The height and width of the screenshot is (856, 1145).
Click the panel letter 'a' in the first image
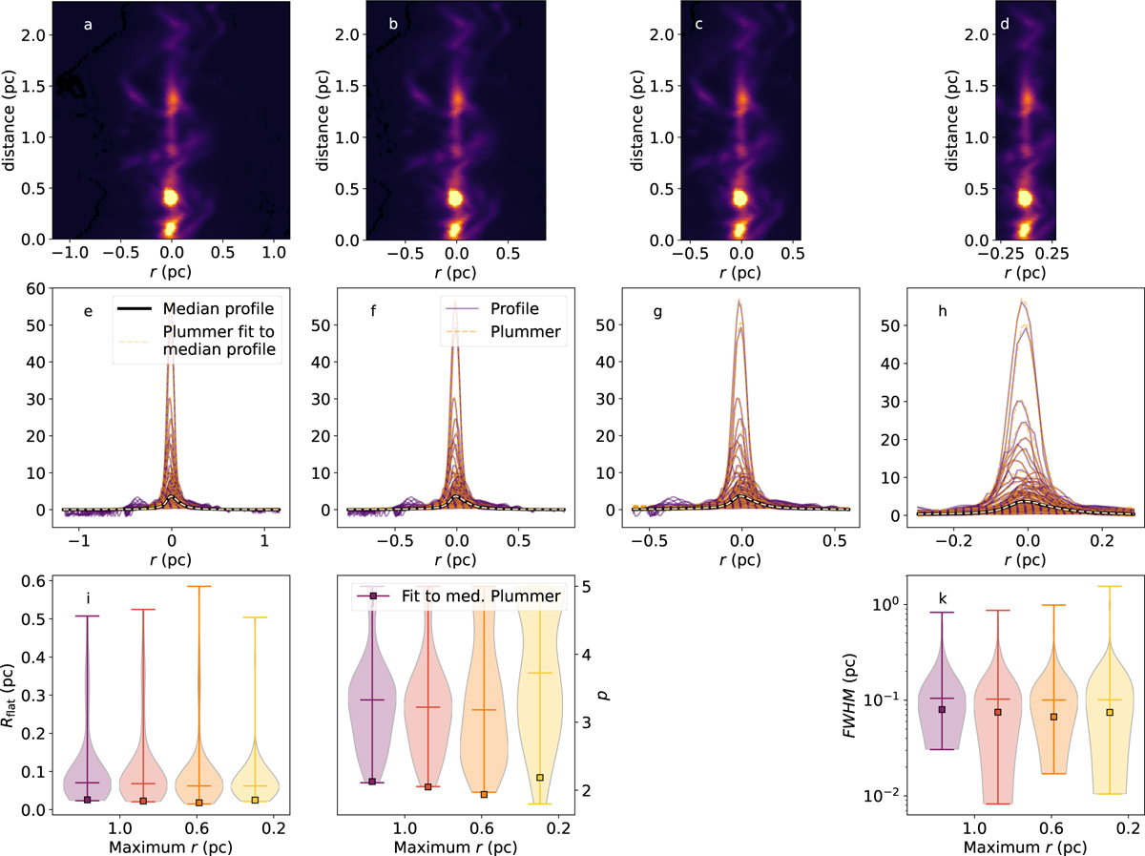click(88, 25)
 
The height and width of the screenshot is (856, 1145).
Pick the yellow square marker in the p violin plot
click(540, 777)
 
